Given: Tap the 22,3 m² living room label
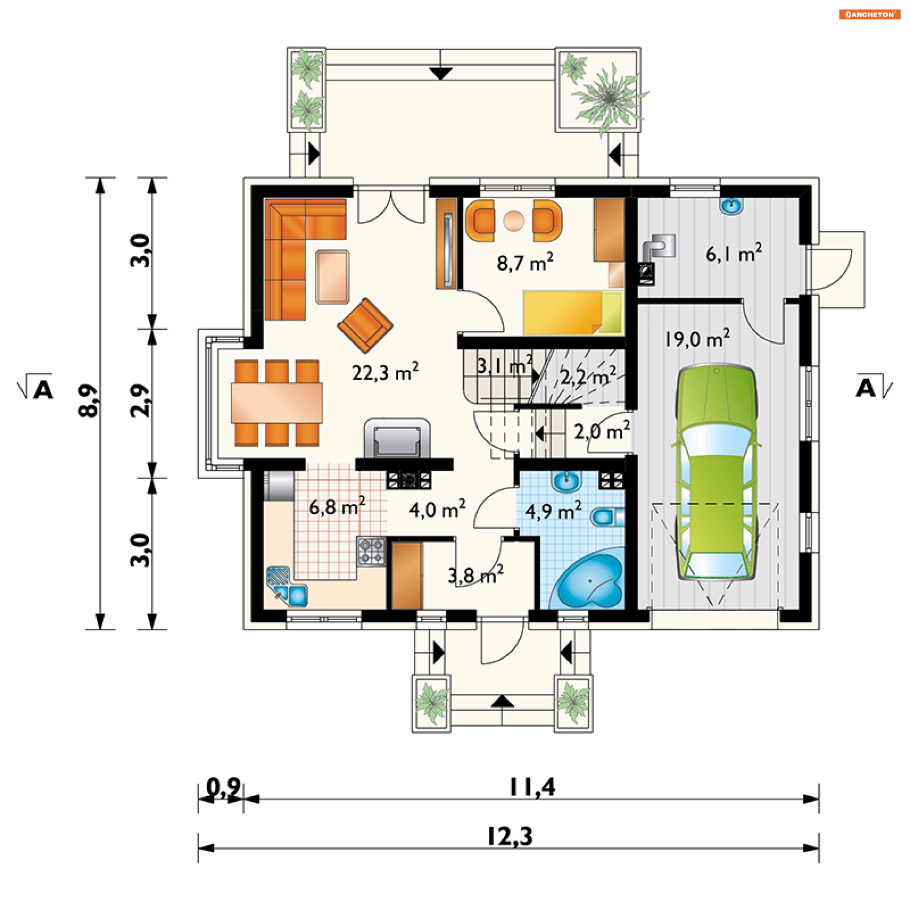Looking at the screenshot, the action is pos(385,372).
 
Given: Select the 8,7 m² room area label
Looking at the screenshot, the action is pos(525,262).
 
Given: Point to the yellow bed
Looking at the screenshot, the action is pos(572,313).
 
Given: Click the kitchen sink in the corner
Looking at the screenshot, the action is pos(286,586).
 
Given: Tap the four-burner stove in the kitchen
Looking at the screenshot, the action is pos(371,551).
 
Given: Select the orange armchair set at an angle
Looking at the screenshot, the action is pos(365,325).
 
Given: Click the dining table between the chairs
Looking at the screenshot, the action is pos(277,403).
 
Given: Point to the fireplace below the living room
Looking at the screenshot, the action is pos(397,438).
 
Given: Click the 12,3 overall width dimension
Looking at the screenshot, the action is pos(510,836).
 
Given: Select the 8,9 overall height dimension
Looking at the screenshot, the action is pos(88,400).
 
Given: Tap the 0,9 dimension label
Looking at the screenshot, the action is pos(223,788).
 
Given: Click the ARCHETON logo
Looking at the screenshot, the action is pos(870,14).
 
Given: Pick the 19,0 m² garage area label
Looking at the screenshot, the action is pos(697,338).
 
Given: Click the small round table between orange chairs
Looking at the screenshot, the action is pos(514,220).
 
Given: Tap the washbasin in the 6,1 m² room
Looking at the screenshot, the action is pos(732,205).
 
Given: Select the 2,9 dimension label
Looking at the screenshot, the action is pos(140,400).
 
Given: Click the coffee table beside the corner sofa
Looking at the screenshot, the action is pos(332,277).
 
